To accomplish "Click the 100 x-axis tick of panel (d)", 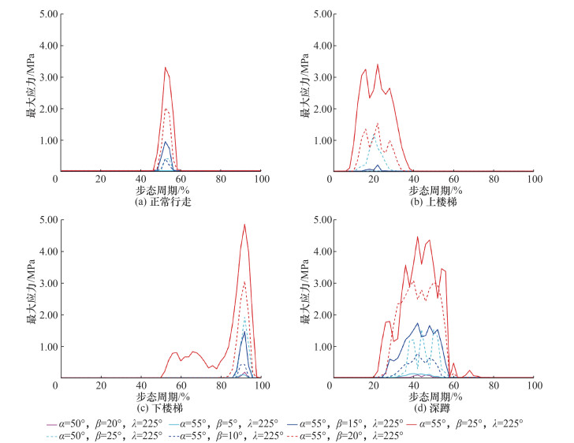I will [x=532, y=385].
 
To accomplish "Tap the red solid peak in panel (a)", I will [x=166, y=68].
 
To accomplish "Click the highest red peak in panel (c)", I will [x=244, y=225].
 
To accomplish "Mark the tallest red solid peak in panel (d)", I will [x=418, y=237].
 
